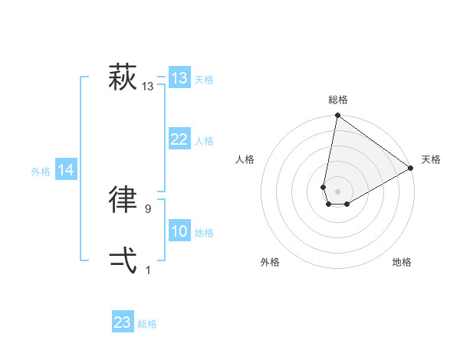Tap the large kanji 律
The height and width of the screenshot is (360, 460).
[123, 199]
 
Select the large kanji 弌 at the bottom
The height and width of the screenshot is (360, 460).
[123, 260]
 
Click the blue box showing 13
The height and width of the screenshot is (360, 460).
[179, 78]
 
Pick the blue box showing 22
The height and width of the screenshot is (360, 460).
[179, 139]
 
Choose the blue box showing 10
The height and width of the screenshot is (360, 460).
[179, 231]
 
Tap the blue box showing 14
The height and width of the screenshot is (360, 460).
[67, 170]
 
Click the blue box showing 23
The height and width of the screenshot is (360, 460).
[123, 322]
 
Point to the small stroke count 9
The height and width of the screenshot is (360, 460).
[148, 208]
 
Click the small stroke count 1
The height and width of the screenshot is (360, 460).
[148, 270]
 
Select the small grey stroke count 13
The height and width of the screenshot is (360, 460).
[148, 87]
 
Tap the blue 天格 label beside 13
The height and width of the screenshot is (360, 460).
[204, 80]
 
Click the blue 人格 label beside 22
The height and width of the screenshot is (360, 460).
[204, 141]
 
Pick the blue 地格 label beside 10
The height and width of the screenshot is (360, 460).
[204, 233]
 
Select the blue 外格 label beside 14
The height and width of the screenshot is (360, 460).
[41, 172]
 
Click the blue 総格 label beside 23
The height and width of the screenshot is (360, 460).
[147, 324]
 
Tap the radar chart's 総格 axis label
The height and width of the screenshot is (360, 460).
[338, 100]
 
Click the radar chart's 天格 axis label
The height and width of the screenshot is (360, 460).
[432, 159]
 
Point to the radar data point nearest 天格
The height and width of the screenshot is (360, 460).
[411, 169]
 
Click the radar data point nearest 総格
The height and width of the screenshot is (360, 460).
[337, 116]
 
